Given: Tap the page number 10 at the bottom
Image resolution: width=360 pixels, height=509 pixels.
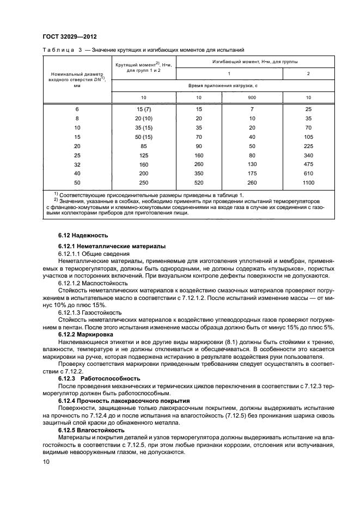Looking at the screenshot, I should pyautogui.click(x=46, y=462).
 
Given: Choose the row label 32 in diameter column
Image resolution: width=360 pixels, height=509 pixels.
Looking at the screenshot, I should pyautogui.click(x=77, y=164).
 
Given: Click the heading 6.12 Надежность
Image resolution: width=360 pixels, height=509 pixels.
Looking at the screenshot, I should pyautogui.click(x=83, y=235).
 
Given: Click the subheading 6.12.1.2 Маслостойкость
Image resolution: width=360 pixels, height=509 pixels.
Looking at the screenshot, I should pyautogui.click(x=93, y=283).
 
